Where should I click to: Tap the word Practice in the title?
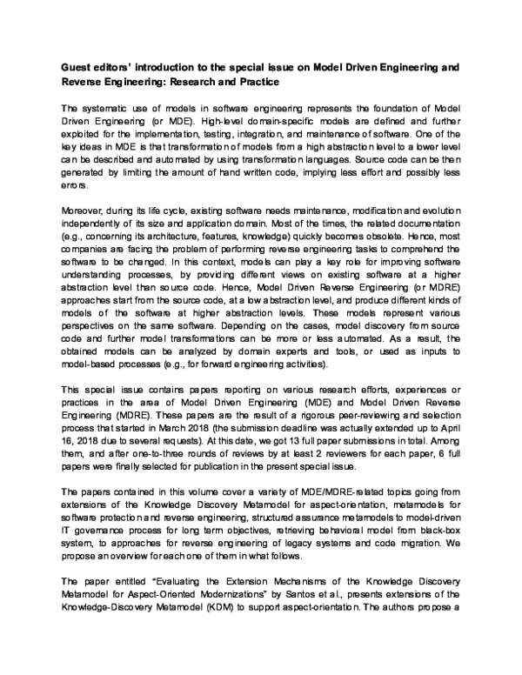[251, 82]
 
